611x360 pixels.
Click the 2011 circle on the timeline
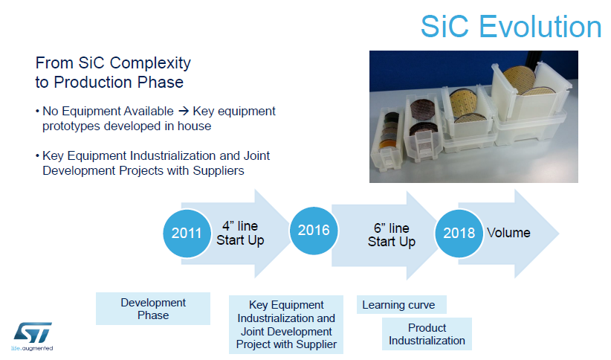187,234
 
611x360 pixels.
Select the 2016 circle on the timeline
314,231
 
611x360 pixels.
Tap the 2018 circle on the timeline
459,234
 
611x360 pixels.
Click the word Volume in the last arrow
508,233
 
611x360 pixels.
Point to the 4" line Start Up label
240,234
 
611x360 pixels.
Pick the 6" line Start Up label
392,235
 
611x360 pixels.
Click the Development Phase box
153,309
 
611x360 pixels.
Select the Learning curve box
401,305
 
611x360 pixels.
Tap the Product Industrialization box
427,334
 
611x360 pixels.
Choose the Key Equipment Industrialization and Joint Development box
286,324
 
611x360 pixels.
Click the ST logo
33,332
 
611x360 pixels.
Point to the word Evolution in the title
540,27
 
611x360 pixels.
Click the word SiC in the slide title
444,27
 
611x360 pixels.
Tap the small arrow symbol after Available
184,112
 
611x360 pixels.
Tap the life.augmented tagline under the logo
32,348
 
